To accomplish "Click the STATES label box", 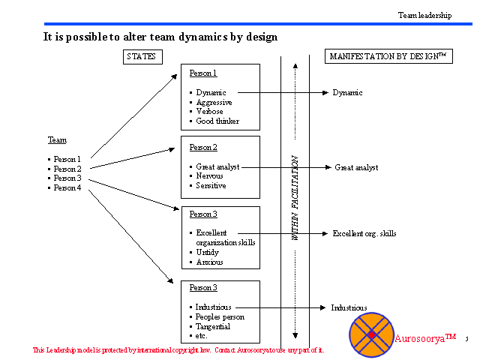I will click(x=142, y=56).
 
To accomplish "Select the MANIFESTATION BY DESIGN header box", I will click(x=389, y=56).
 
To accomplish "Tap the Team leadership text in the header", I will click(x=424, y=15).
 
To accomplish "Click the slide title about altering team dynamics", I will click(x=160, y=36).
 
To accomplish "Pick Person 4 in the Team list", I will click(x=67, y=187).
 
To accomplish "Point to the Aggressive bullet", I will click(x=214, y=102).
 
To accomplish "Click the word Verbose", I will click(x=209, y=112).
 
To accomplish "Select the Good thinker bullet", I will click(x=217, y=121).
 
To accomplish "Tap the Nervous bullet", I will click(x=209, y=176).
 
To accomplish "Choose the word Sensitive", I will click(x=211, y=185).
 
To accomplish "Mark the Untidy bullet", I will click(x=207, y=253).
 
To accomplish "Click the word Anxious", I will click(x=209, y=262).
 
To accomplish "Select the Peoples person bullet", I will click(x=220, y=316).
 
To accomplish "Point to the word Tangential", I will click(x=213, y=326).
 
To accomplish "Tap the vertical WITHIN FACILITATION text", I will click(x=295, y=198).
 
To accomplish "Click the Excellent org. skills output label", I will click(x=364, y=233).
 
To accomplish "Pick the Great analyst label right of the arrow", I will click(x=356, y=167).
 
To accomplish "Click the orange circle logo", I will click(x=371, y=334).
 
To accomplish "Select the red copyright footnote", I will click(x=178, y=350).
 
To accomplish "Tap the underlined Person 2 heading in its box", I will click(x=203, y=147).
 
